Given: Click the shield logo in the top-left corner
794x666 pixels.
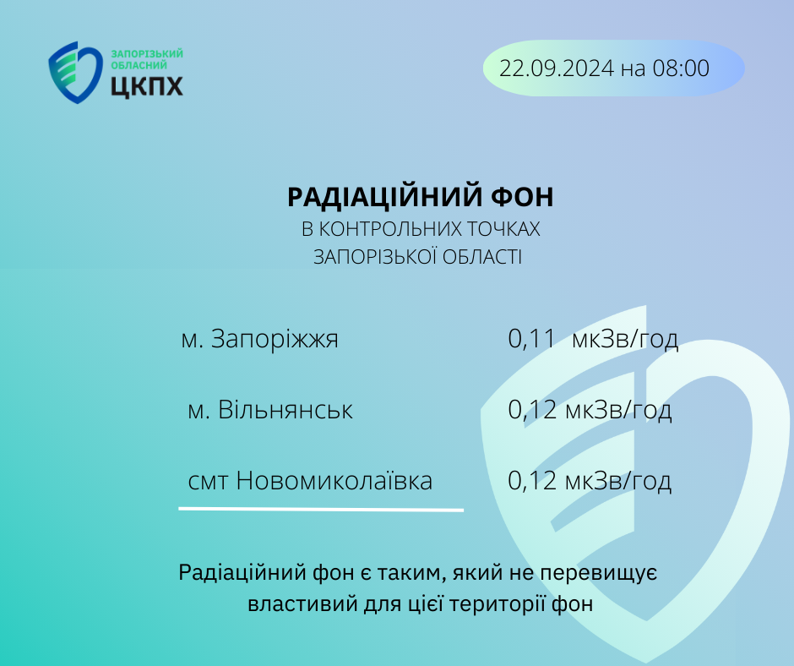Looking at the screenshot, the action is tap(75, 73).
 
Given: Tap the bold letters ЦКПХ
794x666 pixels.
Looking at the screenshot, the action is tap(147, 85).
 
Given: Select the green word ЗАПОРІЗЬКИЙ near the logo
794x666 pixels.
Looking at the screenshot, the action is tap(147, 54).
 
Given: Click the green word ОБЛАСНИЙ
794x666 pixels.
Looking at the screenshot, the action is tap(139, 65).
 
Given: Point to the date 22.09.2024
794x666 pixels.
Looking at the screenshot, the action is tap(557, 68).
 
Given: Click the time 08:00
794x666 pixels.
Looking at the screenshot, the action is tap(681, 68).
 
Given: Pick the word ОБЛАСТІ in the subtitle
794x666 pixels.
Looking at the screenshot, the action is tap(482, 257).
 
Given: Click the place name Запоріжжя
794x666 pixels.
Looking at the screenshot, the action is tap(275, 339).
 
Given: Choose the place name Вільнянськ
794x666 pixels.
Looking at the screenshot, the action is tap(286, 410).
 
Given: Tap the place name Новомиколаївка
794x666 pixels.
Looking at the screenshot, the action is tap(334, 481).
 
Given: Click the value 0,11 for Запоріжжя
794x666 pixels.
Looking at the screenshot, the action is tap(531, 339).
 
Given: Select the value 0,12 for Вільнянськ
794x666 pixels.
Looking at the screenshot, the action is tap(531, 410).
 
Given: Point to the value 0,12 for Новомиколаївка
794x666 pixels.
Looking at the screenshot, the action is tap(531, 481).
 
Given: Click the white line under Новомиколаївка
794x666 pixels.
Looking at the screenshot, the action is tap(321, 509).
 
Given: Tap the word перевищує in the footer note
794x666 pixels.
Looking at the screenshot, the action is tap(599, 573).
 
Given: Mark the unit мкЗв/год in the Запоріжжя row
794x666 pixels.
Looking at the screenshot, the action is tap(625, 339).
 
